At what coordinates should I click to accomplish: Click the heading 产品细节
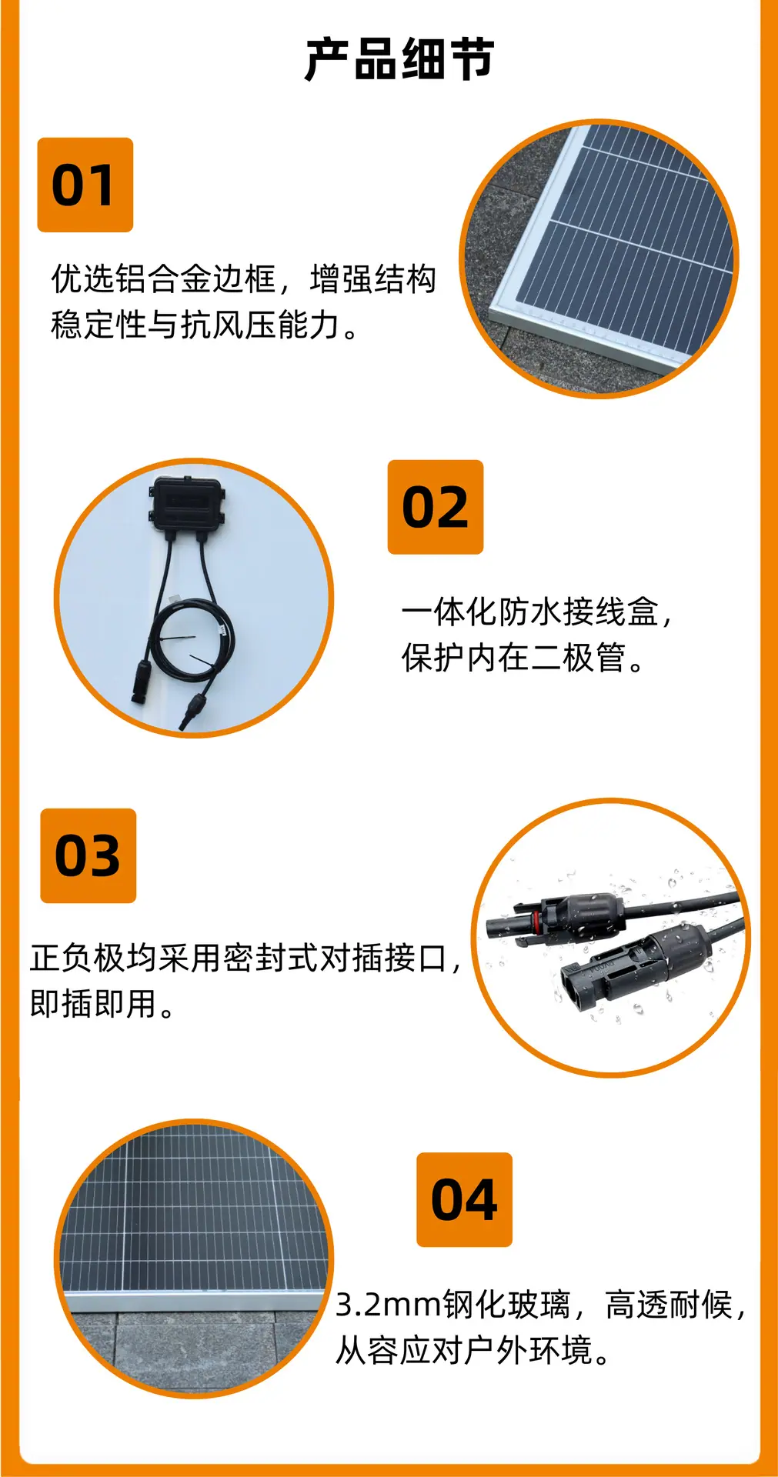pyautogui.click(x=399, y=59)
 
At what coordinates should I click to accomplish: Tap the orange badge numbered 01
pyautogui.click(x=85, y=185)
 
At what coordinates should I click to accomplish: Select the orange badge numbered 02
pyautogui.click(x=436, y=508)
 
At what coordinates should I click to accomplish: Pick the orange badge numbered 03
pyautogui.click(x=88, y=856)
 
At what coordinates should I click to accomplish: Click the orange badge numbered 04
pyautogui.click(x=465, y=1200)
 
